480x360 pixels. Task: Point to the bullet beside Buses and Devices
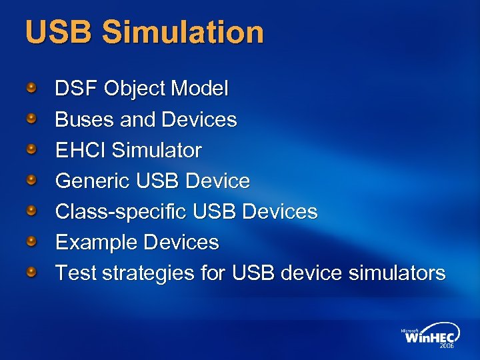[31, 118]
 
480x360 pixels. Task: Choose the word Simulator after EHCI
[157, 150]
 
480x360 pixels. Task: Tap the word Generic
[93, 181]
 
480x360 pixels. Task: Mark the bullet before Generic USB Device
[31, 179]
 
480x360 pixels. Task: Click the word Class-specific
[121, 212]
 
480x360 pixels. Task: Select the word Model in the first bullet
[199, 88]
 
